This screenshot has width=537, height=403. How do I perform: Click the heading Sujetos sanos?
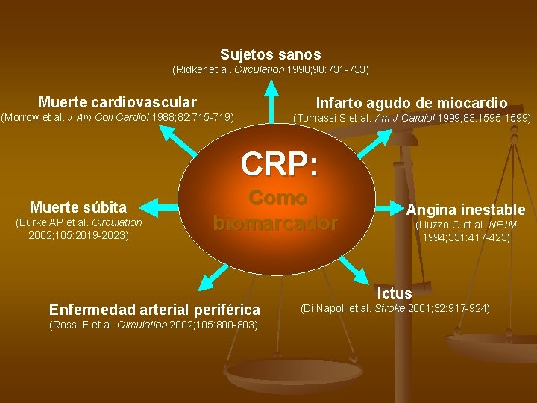[271, 54]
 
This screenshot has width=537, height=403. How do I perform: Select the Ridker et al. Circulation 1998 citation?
[271, 69]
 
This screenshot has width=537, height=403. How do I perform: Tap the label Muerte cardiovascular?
[117, 102]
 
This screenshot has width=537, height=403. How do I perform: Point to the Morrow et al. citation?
[117, 117]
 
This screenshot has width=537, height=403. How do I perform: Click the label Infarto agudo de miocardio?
[412, 104]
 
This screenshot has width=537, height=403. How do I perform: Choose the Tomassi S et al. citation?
[412, 118]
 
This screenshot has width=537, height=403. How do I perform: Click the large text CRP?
[280, 164]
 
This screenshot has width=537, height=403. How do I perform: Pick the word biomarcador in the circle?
[276, 223]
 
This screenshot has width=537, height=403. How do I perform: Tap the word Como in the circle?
[278, 198]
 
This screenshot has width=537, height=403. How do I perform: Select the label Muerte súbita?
[78, 207]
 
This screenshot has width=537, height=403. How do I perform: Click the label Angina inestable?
[465, 210]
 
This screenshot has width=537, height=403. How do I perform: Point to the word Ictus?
[395, 293]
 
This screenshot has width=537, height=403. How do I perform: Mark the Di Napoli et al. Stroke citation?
[395, 308]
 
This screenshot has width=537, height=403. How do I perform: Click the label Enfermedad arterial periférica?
[154, 310]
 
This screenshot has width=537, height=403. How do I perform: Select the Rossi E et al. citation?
[153, 325]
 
